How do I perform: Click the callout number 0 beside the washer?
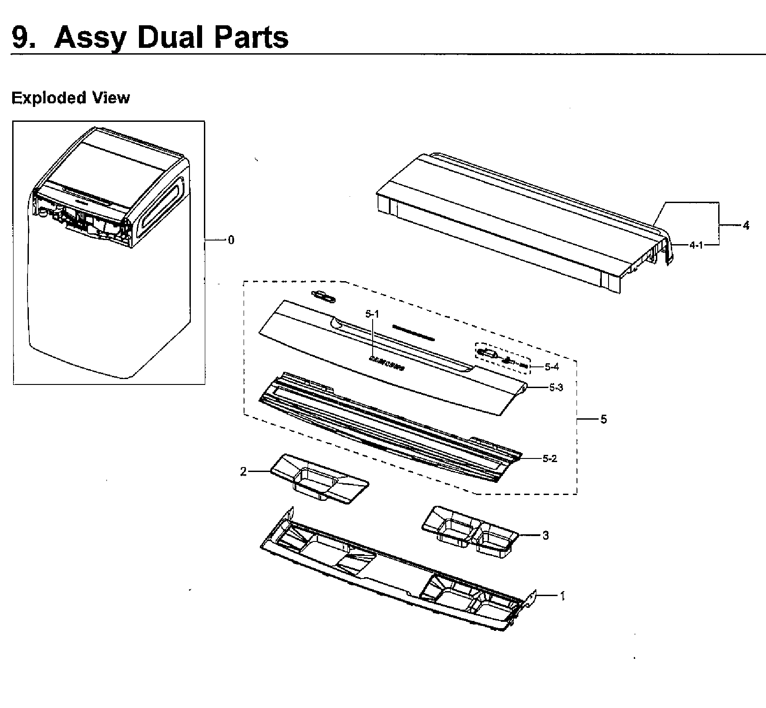coord(231,240)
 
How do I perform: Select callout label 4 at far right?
coord(746,225)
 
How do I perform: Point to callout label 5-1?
coord(372,314)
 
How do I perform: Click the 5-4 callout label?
coord(551,367)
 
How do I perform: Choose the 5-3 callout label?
coord(556,388)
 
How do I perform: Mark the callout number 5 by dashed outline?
coord(603,419)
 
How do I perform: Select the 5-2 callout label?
coord(549,458)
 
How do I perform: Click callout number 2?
coord(244,472)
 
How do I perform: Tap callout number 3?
coord(545,535)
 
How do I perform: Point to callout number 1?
coord(562,596)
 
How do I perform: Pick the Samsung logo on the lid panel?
coord(387,364)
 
